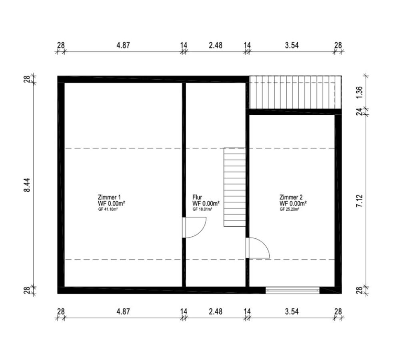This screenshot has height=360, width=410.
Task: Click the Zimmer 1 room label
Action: pos(109,197)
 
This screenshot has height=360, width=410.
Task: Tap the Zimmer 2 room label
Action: pos(291,197)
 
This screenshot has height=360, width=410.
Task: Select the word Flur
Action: pos(197,197)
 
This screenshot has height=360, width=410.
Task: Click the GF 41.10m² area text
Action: pos(108,209)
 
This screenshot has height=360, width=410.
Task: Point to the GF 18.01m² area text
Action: pos(202,209)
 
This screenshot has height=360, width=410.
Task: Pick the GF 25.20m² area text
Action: pos(290,209)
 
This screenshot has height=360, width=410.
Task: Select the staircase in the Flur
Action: pos(234,187)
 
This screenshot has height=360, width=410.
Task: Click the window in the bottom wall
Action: pos(292,290)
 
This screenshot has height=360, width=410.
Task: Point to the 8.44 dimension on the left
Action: pos(27,185)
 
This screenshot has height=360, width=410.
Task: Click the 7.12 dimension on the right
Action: pos(359,201)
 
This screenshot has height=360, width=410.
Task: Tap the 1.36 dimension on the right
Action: pos(359,92)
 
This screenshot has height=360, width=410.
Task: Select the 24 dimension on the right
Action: pos(359,112)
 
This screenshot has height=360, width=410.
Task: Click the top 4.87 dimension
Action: pos(123,45)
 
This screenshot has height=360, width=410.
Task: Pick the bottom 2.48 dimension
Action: pos(216,311)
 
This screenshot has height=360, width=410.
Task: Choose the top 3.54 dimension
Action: pos(292,45)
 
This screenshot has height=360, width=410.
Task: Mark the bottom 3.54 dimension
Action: pos(292,311)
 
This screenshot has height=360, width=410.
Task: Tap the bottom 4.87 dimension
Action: pos(123,311)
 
